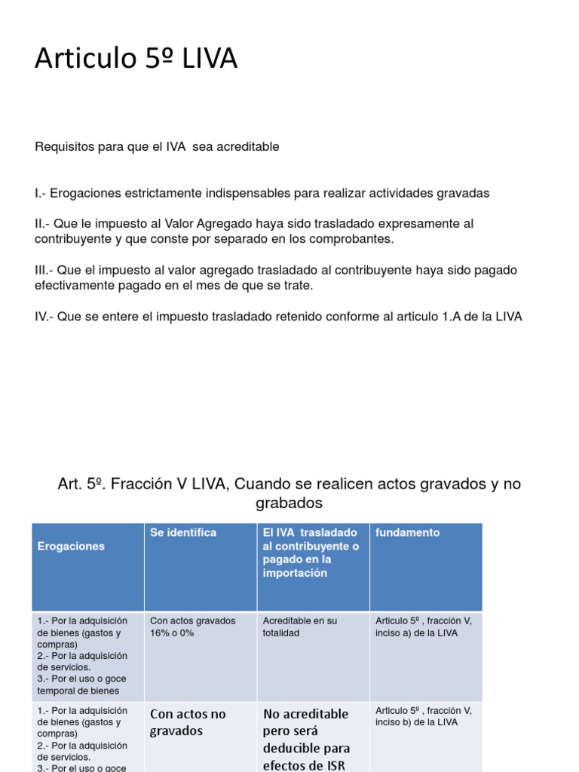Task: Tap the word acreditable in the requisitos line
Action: [247, 147]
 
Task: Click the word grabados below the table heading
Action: [289, 503]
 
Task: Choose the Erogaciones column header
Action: [71, 546]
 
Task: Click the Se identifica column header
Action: [183, 532]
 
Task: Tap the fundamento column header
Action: [407, 532]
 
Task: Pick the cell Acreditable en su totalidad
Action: [300, 626]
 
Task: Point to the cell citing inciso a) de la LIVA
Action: [423, 626]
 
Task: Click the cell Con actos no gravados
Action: [188, 721]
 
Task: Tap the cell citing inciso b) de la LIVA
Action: [423, 716]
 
